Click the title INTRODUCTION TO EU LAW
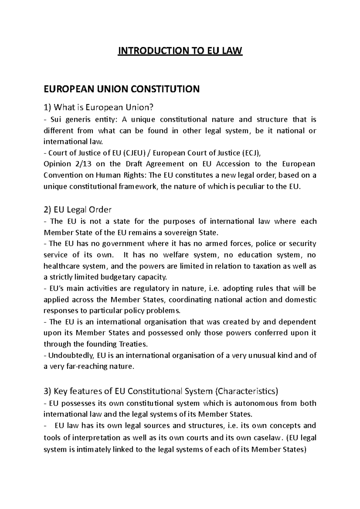point(180,51)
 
